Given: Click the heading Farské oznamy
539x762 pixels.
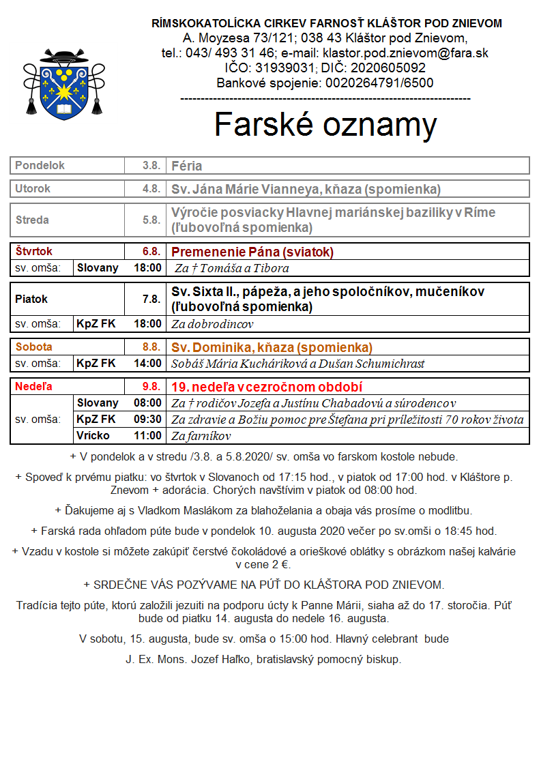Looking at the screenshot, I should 325,124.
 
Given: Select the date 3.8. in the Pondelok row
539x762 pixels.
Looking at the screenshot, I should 151,166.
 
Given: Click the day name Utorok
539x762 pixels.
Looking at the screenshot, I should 33,188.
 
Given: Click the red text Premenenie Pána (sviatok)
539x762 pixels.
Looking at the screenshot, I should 252,252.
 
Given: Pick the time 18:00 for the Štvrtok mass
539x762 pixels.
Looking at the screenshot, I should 148,268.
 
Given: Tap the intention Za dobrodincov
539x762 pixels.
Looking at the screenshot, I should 212,323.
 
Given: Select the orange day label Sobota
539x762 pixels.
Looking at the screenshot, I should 33,347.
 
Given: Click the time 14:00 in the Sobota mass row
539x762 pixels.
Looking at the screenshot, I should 148,363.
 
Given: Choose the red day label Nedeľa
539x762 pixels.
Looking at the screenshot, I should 33,386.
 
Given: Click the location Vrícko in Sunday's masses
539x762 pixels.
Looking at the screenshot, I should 93,435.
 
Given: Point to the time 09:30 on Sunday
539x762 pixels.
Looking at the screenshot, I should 148,419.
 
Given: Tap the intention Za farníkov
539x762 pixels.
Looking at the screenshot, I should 201,436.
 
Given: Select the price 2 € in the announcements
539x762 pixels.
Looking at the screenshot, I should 280,564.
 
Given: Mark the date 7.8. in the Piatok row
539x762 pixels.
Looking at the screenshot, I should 151,299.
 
